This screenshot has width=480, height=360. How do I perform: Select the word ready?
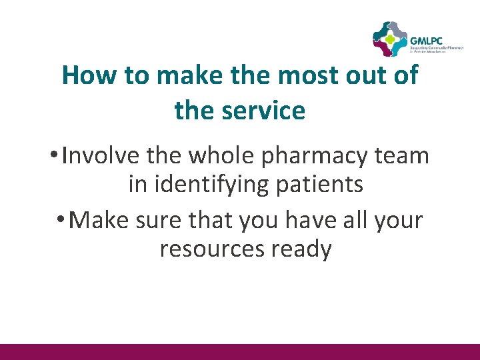pyautogui.click(x=301, y=250)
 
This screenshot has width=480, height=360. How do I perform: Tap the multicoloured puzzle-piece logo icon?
pyautogui.click(x=390, y=39)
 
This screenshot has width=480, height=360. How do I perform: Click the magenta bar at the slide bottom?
pyautogui.click(x=240, y=351)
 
